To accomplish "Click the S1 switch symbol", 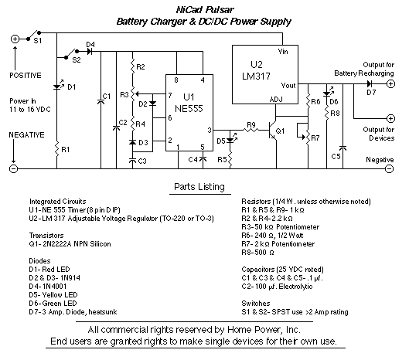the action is pos(33,36).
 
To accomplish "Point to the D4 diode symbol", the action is pos(90,51).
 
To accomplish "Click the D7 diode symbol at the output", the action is pos(370,84).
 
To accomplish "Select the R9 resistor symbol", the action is pos(251,130).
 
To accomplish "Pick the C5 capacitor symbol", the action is pos(343,148).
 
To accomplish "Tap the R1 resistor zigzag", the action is pos(56,149).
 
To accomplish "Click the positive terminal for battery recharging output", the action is pos(390,84).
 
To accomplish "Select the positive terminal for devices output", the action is pos(390,119).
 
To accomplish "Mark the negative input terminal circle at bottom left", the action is pos(13,168).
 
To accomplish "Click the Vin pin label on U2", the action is pos(283,52).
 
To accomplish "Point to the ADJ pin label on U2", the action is pos(276,100).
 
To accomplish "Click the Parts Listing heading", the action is pos(199,187).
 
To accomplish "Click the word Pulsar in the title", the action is pos(220,9).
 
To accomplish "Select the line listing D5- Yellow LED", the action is pos(53,295).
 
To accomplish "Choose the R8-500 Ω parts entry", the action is pos(257,253).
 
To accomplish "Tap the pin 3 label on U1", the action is pos(210,130).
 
